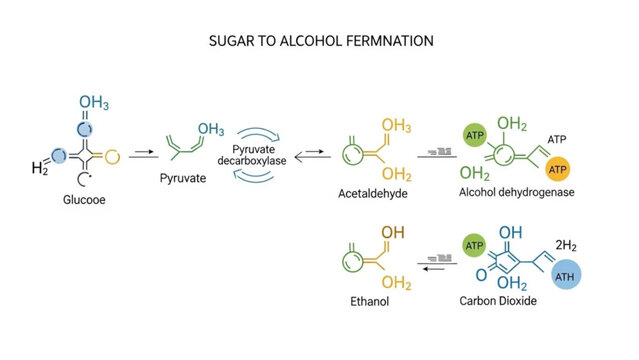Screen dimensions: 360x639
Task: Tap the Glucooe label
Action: pyautogui.click(x=82, y=200)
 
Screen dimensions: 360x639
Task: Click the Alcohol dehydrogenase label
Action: pyautogui.click(x=516, y=192)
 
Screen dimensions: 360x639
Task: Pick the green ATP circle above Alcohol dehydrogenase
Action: pyautogui.click(x=474, y=135)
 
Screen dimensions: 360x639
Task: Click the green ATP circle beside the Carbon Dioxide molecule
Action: pyautogui.click(x=474, y=245)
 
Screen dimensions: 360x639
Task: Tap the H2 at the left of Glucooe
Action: pyautogui.click(x=39, y=168)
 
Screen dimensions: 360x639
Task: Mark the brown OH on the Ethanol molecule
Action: pyautogui.click(x=394, y=233)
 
